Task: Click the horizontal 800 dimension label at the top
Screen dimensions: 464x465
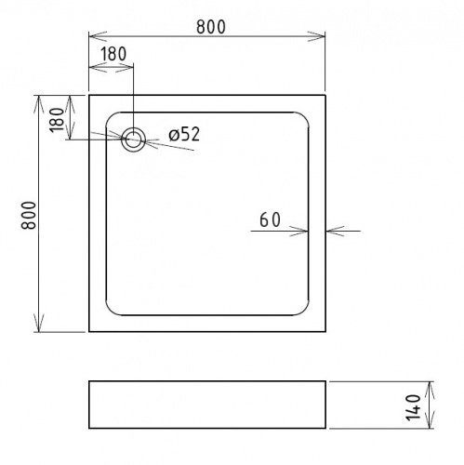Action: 211,27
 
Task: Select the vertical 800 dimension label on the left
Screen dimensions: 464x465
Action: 29,215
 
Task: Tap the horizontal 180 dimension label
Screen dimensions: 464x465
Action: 113,54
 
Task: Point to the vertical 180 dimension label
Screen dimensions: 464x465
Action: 57,120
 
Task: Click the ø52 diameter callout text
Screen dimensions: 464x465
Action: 184,135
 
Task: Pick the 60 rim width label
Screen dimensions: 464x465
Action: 270,219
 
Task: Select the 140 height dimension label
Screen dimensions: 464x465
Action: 413,407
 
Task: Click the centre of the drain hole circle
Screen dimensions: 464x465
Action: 134,139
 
